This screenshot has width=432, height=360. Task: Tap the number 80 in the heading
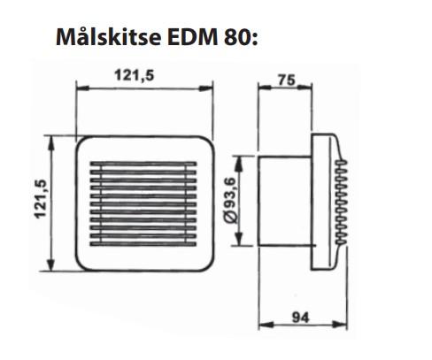[235, 40]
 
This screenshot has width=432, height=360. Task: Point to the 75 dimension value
[285, 78]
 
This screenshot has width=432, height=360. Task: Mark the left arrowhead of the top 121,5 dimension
[81, 88]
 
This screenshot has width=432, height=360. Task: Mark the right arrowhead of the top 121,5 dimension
[210, 88]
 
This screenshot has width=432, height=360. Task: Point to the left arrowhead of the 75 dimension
[259, 88]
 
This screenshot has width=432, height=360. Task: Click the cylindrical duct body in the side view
[283, 203]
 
